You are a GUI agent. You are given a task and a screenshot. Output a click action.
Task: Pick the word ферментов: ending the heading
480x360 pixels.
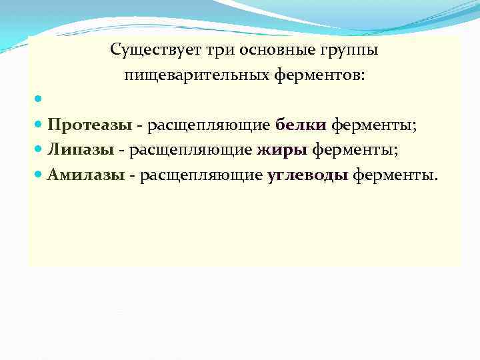click(x=319, y=75)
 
